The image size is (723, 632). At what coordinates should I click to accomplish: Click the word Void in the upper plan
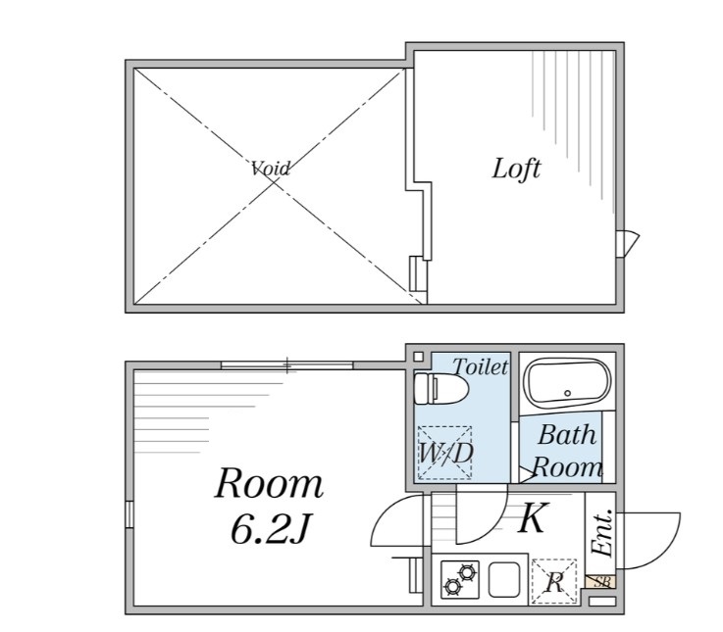(271, 169)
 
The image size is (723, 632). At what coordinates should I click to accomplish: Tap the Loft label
(516, 169)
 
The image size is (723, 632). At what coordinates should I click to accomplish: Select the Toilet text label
(480, 367)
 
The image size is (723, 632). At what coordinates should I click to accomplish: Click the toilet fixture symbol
(440, 389)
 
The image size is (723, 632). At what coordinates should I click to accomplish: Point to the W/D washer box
(445, 453)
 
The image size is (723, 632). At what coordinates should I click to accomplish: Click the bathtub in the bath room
(567, 383)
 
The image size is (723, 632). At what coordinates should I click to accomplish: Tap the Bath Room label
(567, 451)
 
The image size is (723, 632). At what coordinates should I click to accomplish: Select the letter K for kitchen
(532, 518)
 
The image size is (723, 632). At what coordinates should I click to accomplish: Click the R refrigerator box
(554, 583)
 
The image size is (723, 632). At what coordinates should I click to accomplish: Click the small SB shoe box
(600, 582)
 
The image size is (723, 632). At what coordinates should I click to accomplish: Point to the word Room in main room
(269, 483)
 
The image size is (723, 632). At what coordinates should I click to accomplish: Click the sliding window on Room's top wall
(286, 366)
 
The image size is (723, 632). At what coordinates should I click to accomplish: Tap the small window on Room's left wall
(129, 514)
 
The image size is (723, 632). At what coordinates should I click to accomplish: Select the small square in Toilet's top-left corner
(419, 356)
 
